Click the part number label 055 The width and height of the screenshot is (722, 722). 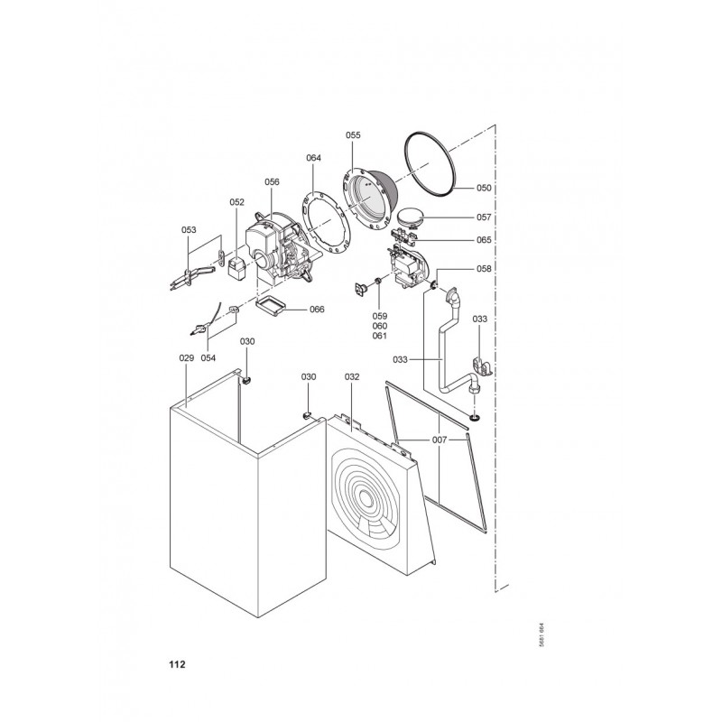tap(353, 134)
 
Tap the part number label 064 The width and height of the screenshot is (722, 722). tap(313, 158)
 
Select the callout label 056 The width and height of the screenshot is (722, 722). tap(272, 182)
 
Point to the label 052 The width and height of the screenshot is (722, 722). tap(236, 202)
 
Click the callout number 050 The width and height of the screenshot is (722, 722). tap(484, 188)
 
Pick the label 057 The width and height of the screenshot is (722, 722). tap(484, 218)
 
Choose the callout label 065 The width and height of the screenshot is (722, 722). tap(484, 240)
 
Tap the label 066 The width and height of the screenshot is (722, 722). tap(317, 310)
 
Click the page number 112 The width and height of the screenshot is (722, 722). tap(177, 664)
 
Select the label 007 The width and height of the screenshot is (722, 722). tap(440, 440)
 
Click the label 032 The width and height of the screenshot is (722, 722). tap(352, 377)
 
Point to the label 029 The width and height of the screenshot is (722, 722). tap(187, 357)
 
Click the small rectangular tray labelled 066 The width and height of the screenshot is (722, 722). tap(270, 306)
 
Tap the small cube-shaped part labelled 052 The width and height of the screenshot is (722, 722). tap(237, 268)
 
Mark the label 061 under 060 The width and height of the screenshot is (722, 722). tap(380, 336)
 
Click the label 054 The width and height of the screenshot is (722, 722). tap(208, 357)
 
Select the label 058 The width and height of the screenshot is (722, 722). tap(484, 269)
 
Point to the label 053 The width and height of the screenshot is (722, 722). tap(189, 230)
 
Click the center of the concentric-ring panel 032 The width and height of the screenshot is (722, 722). tap(366, 498)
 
